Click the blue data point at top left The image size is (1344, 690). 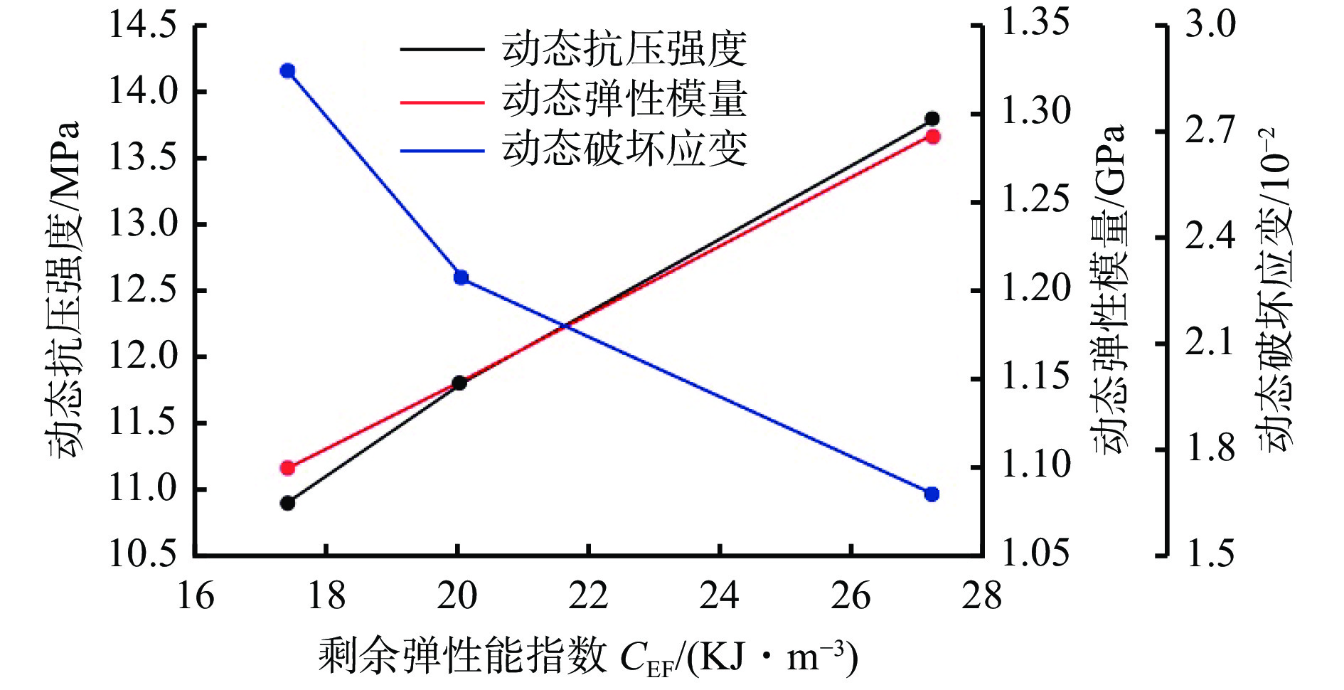(x=288, y=71)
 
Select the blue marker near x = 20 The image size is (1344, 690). (x=461, y=277)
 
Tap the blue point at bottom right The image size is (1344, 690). (x=932, y=494)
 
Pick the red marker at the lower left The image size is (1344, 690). (x=288, y=468)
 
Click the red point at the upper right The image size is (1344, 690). (x=933, y=137)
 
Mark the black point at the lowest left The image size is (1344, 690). (x=288, y=504)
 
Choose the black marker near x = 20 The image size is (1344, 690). (x=459, y=383)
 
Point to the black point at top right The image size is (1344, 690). (x=932, y=119)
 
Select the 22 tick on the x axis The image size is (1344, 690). (x=588, y=596)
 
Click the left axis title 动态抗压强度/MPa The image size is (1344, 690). (x=64, y=290)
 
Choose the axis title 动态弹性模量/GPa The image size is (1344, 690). (x=1109, y=290)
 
